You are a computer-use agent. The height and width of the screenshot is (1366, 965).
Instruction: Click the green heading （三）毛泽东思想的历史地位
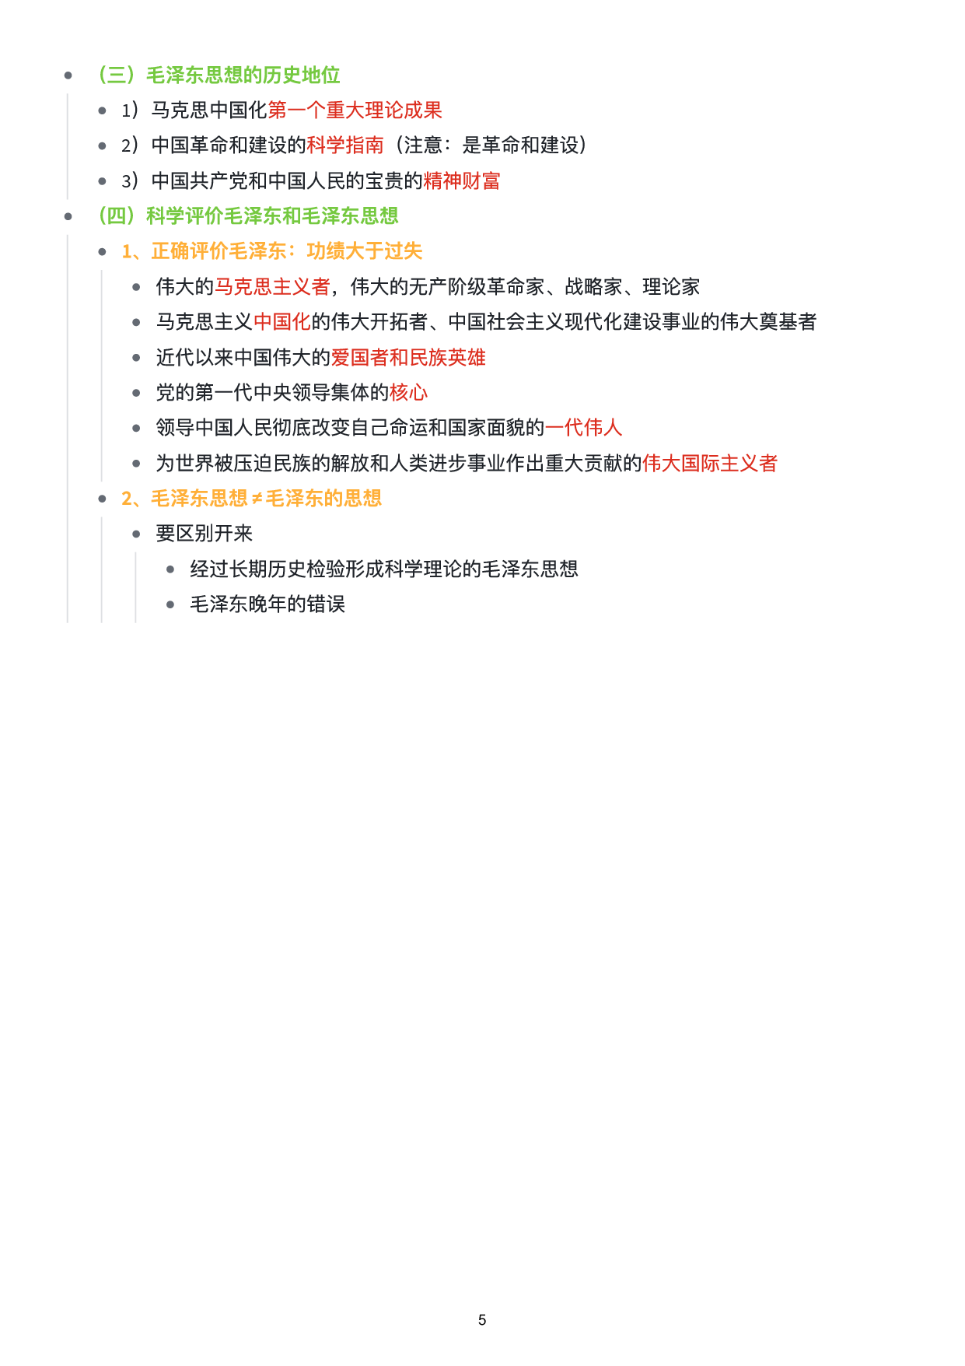tap(219, 75)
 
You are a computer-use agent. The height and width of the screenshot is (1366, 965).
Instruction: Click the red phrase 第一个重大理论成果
tap(355, 110)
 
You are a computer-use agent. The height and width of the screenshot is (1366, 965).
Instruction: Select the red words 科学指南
tap(344, 145)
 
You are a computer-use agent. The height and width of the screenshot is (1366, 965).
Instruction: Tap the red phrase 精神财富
tap(461, 181)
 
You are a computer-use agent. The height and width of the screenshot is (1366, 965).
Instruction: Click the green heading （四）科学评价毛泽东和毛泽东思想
tap(248, 216)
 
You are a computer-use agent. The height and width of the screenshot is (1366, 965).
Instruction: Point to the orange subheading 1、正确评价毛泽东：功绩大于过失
tap(271, 251)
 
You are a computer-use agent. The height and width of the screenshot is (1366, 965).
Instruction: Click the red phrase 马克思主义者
tap(272, 287)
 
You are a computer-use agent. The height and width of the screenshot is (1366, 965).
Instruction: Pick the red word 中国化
tap(281, 322)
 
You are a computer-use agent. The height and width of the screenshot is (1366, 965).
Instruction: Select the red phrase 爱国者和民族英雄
tap(408, 358)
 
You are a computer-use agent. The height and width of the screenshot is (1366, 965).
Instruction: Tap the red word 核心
tap(408, 393)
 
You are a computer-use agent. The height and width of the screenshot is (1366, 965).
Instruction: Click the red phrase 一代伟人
tap(583, 428)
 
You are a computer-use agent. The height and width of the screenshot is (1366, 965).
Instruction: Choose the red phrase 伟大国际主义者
tap(709, 464)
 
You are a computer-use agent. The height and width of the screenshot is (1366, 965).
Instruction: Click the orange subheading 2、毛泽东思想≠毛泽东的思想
tap(251, 499)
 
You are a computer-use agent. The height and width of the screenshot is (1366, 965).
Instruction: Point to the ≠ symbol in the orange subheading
tap(257, 499)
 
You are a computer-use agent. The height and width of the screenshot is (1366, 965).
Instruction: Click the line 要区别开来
tap(204, 534)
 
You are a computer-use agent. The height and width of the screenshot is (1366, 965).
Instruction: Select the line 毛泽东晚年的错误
tap(267, 604)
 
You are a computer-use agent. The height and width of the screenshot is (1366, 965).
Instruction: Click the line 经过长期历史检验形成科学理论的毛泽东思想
tap(383, 569)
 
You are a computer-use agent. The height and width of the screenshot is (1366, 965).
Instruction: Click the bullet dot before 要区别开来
tap(136, 534)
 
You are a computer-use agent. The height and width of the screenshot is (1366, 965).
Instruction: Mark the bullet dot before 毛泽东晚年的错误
tap(170, 604)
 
